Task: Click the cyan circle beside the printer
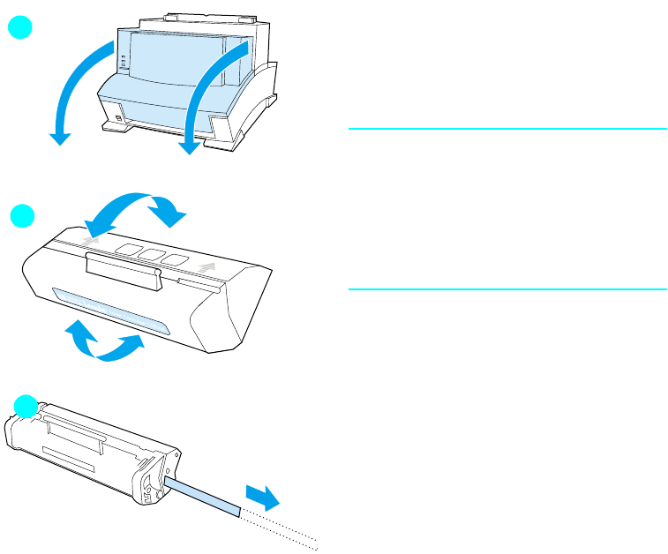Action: (x=20, y=27)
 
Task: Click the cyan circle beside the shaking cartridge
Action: (x=21, y=215)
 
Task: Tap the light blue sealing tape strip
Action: (x=202, y=494)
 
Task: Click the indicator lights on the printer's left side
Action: (x=123, y=63)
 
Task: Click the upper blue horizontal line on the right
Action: (x=507, y=129)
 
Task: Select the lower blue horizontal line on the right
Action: (x=507, y=288)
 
